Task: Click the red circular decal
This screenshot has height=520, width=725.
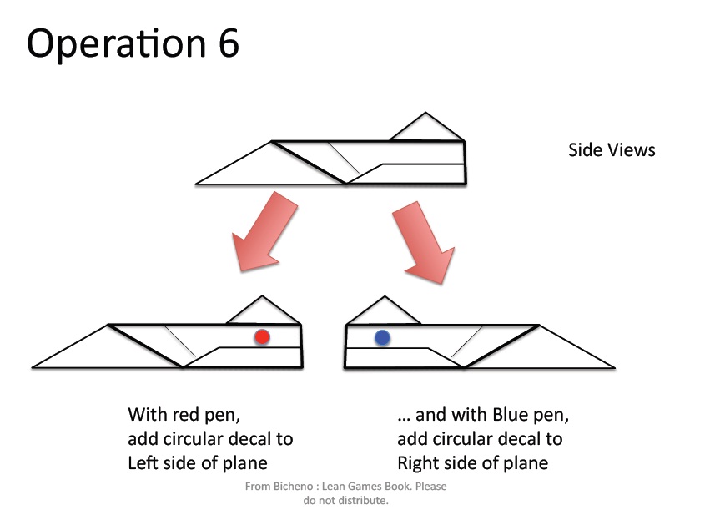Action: (x=262, y=337)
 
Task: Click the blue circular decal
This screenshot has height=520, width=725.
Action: (x=382, y=338)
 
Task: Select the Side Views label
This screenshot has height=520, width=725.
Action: (x=612, y=150)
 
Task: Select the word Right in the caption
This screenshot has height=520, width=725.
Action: (x=420, y=463)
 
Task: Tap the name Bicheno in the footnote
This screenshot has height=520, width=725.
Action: (x=294, y=487)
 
